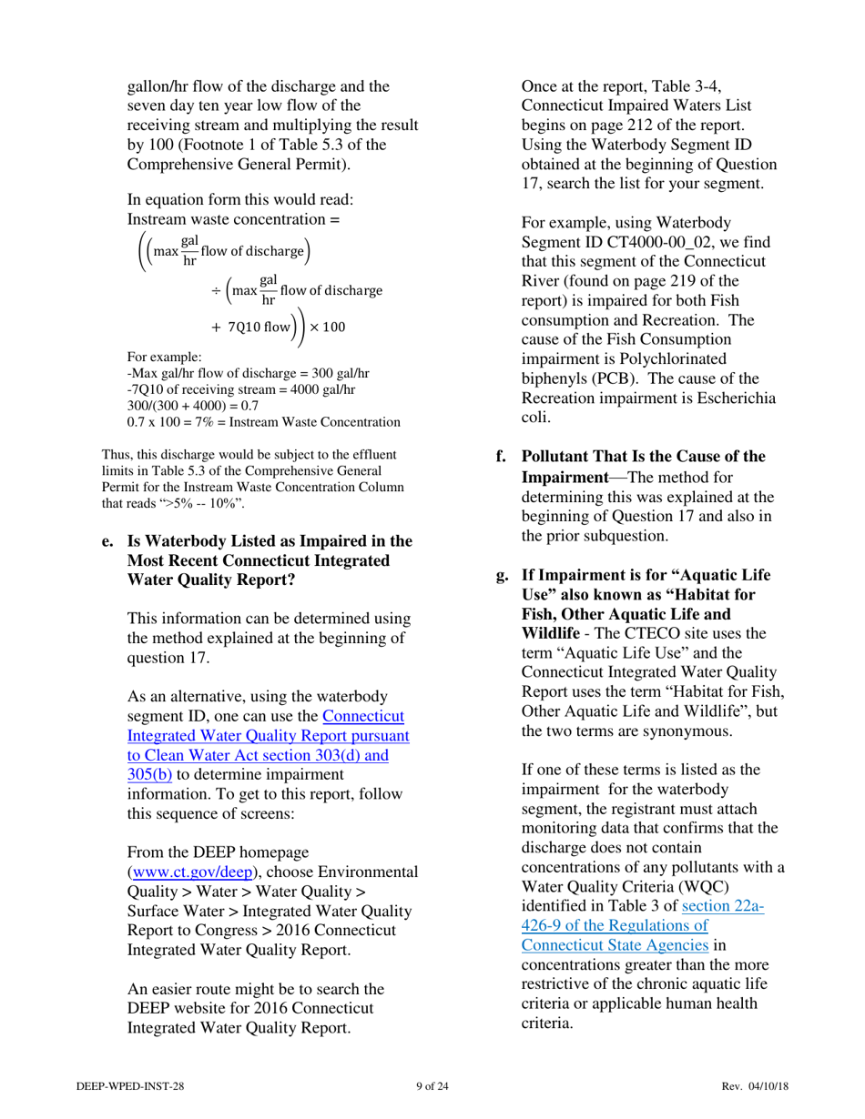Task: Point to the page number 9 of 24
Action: pyautogui.click(x=432, y=1085)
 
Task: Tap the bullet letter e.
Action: pyautogui.click(x=107, y=541)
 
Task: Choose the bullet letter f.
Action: pyautogui.click(x=501, y=457)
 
